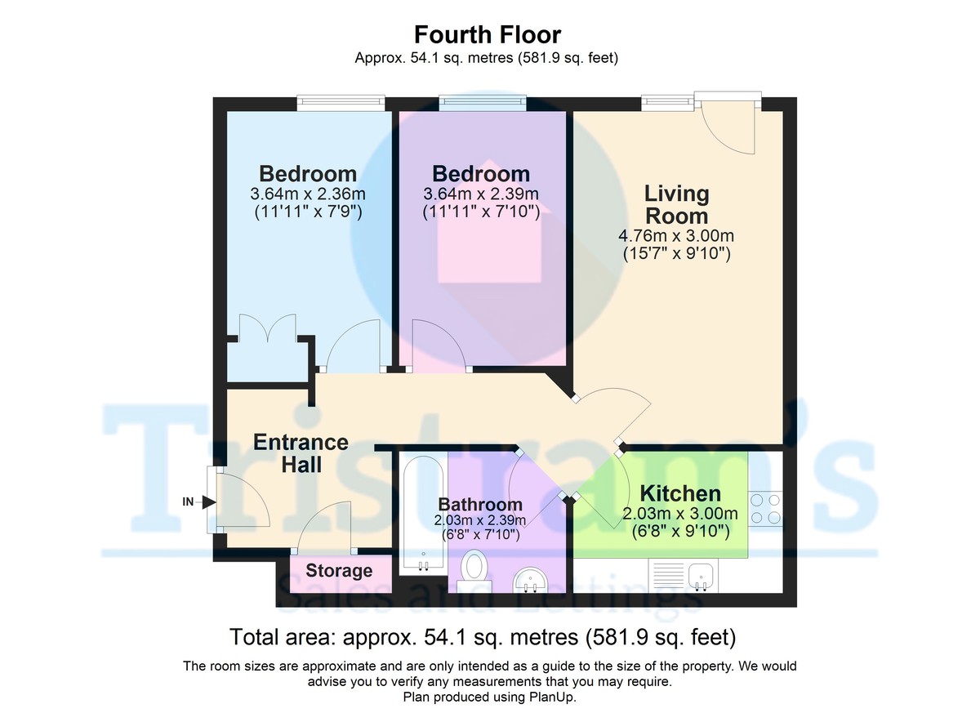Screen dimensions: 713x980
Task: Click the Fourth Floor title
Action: (x=488, y=35)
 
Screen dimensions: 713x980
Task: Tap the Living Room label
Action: (x=676, y=204)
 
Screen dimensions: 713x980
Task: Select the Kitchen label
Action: (x=679, y=493)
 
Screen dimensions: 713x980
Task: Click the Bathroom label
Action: (x=480, y=504)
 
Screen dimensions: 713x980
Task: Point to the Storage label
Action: (x=339, y=571)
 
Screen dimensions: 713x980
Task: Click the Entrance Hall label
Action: (x=301, y=453)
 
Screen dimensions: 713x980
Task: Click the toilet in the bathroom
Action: (x=474, y=566)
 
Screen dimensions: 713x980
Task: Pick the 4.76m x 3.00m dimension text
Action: (x=676, y=237)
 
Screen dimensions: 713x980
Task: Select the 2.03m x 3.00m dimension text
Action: (x=679, y=515)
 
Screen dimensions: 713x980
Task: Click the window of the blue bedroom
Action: (x=340, y=102)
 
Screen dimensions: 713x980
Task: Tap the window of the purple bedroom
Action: (x=479, y=102)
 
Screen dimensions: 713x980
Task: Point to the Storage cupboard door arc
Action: (x=326, y=526)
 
